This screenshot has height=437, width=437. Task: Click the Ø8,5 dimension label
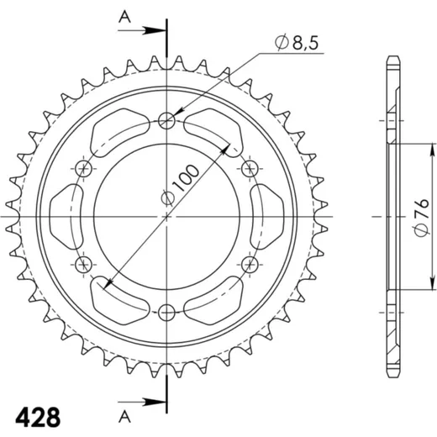coord(297,43)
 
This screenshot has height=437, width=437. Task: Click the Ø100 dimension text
coord(180,185)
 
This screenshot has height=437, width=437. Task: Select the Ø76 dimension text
coord(422,218)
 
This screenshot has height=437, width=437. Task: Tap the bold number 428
coord(38,418)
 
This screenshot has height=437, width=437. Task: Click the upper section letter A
coord(124,17)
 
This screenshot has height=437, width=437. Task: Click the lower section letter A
coord(124,417)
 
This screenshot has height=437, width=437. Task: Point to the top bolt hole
coord(166,121)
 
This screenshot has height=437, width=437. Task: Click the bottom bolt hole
coord(166,313)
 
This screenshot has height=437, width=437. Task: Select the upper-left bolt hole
coord(84,169)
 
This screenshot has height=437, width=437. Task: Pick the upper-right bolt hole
coord(250,169)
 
